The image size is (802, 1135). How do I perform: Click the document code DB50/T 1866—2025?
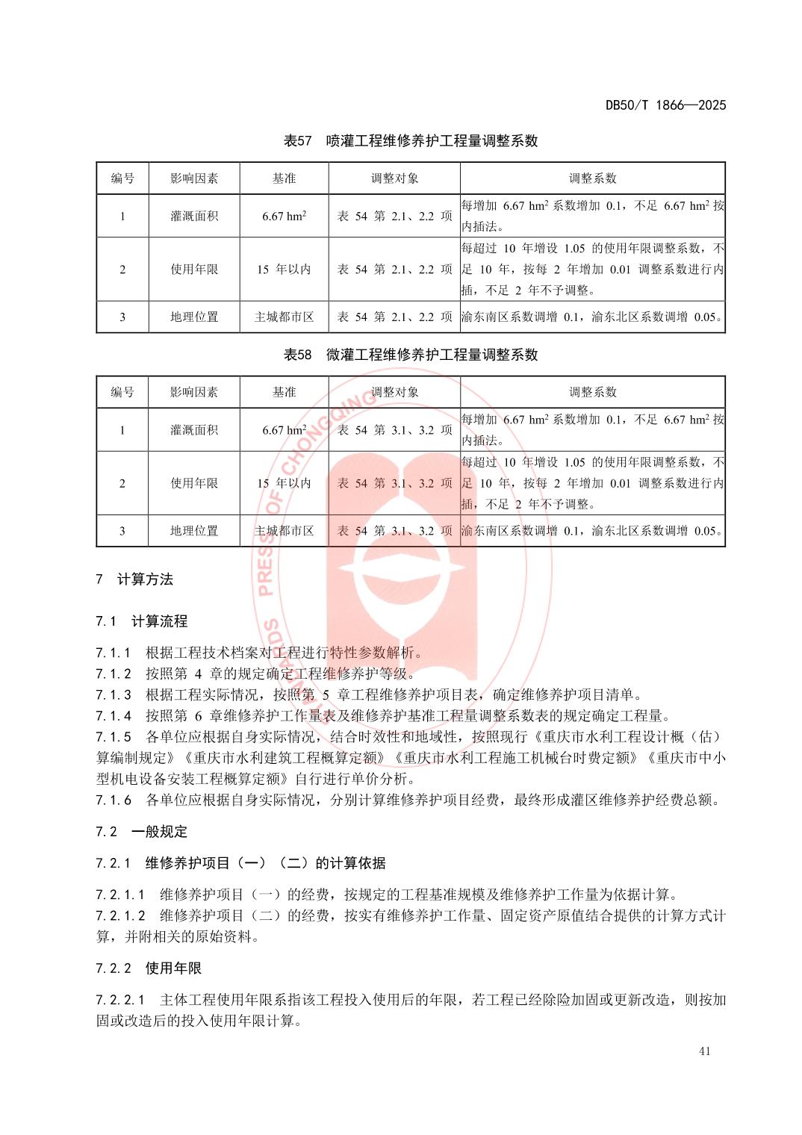(665, 105)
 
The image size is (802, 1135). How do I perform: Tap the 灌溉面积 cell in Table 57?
(194, 217)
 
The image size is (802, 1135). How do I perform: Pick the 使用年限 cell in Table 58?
(194, 483)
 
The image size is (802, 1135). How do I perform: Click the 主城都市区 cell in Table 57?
(284, 317)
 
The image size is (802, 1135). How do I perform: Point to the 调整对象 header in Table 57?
(394, 178)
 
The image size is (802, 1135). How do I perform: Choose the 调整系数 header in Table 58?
(592, 392)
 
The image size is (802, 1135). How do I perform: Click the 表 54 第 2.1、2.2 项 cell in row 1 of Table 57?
(394, 217)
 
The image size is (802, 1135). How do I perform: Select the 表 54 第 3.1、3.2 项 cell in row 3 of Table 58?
(394, 531)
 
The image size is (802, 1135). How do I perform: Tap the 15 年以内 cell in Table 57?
(284, 270)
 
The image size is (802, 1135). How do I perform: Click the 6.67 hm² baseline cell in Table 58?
(284, 430)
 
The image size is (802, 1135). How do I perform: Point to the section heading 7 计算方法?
(135, 579)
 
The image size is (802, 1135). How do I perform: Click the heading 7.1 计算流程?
(142, 621)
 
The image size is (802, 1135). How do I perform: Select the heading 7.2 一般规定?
(142, 832)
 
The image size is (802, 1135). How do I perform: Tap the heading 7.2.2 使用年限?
(149, 968)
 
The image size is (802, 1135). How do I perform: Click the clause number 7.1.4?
(114, 716)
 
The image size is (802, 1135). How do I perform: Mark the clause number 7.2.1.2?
(120, 915)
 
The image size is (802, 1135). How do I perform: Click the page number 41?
(704, 1051)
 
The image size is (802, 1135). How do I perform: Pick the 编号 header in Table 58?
(122, 392)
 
